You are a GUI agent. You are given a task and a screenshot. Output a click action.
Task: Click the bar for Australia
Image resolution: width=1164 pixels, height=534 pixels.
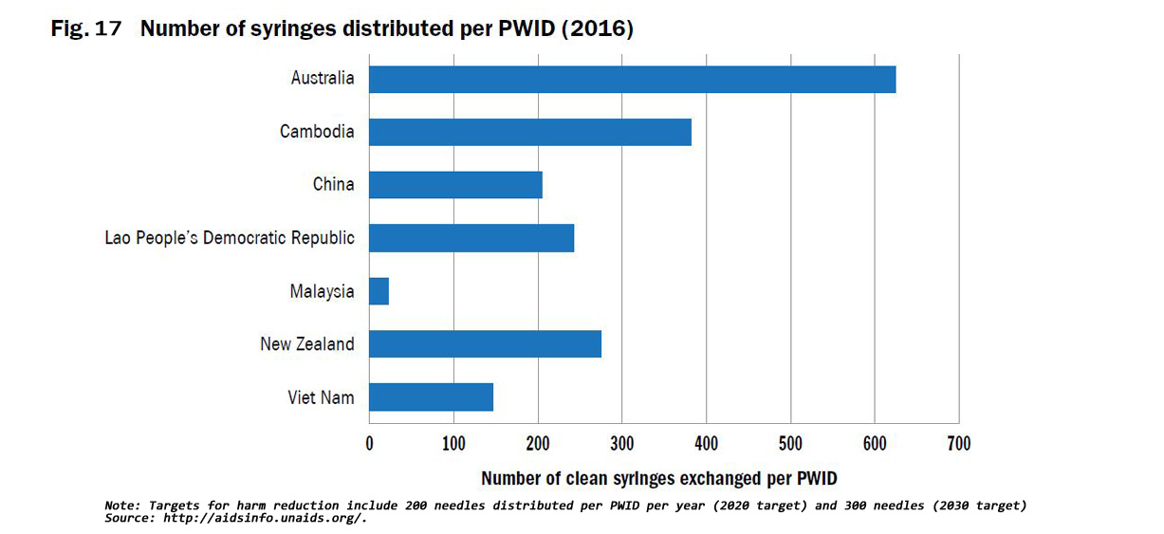click(632, 80)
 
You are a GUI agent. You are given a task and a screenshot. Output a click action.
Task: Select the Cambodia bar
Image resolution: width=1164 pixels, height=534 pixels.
click(529, 132)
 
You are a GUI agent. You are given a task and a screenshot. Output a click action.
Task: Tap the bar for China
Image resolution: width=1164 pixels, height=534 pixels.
click(455, 184)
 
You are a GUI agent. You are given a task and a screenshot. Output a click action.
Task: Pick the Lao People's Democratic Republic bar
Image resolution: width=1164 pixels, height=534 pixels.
click(471, 237)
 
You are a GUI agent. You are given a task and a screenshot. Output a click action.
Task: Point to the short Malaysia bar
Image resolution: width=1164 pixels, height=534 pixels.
click(379, 291)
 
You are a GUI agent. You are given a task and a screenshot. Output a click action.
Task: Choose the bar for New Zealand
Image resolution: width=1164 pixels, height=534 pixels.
click(485, 343)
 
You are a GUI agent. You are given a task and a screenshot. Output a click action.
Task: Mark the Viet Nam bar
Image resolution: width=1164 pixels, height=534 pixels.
click(431, 396)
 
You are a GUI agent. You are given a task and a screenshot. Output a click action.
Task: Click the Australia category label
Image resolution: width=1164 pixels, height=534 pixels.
click(323, 79)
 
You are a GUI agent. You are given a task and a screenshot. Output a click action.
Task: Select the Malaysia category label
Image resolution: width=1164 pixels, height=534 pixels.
click(322, 291)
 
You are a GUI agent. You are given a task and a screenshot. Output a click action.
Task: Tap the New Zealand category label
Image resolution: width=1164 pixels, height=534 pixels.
click(307, 343)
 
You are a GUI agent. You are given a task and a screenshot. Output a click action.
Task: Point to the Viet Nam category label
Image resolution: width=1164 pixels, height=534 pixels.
click(321, 396)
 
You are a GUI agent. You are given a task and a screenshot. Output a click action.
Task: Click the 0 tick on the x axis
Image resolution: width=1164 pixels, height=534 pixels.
click(370, 443)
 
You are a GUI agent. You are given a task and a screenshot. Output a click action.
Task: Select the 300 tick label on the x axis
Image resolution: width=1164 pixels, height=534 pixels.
click(621, 443)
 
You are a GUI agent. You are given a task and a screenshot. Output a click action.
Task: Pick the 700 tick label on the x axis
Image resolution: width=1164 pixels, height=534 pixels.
click(958, 443)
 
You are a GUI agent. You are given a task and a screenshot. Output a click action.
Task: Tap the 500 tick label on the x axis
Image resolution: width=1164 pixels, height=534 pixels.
click(790, 443)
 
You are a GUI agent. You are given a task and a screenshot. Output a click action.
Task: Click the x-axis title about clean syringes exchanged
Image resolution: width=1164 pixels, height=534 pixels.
click(659, 478)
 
